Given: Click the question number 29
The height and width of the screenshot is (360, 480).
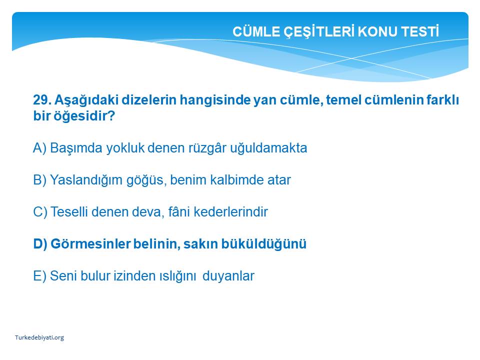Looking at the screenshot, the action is (42, 100).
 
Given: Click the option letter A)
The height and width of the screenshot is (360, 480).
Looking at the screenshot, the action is (39, 148).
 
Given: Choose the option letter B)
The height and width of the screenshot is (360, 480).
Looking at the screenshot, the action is (39, 180).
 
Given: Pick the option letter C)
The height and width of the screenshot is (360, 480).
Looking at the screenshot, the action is (40, 212).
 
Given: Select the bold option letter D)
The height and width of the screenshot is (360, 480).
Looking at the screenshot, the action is (40, 244).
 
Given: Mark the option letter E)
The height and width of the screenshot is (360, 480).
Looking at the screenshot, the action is (39, 276).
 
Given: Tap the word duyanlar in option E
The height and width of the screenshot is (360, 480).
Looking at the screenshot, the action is (228, 276).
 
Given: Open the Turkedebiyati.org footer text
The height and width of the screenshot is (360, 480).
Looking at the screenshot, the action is (39, 337).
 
